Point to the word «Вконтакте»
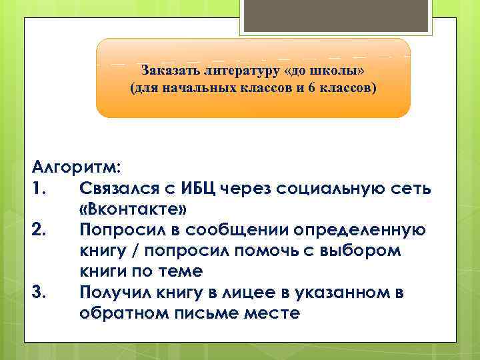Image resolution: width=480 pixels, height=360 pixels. pos(133,210)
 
